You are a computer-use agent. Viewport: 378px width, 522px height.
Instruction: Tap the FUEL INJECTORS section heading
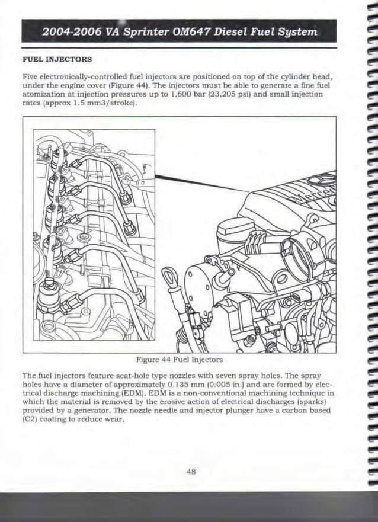tap(57, 60)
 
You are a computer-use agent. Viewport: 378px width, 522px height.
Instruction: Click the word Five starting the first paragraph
tap(30, 77)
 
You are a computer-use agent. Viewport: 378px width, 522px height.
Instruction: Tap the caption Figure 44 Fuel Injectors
tap(179, 360)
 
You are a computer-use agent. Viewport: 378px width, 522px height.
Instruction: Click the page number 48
tap(191, 472)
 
